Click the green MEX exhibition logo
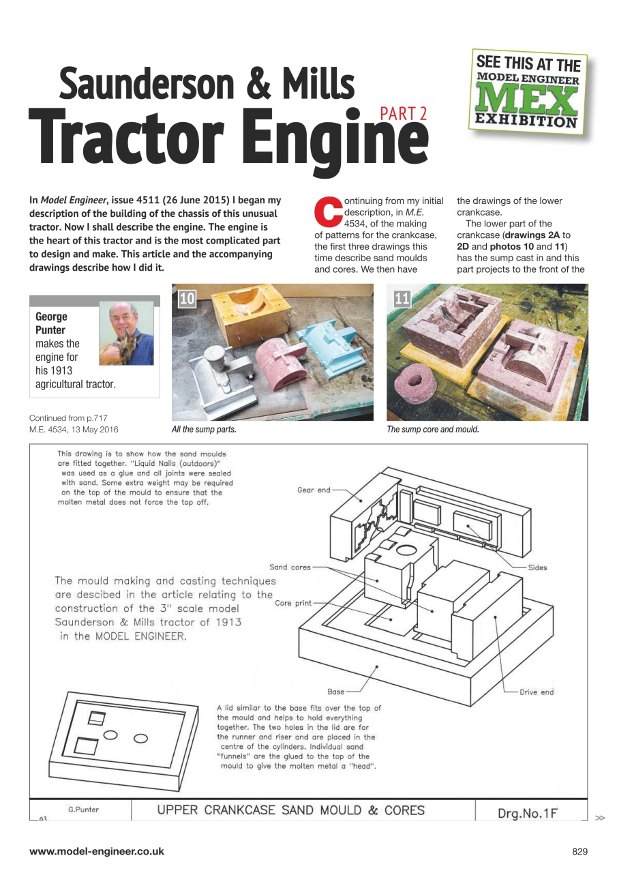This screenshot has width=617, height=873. tap(528, 91)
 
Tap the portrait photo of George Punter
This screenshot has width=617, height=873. tap(131, 334)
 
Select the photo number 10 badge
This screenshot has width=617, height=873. tap(187, 298)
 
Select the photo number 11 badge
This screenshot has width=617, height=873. tap(403, 298)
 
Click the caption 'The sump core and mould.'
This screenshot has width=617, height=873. tap(433, 430)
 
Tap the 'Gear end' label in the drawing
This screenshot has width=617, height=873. tap(314, 490)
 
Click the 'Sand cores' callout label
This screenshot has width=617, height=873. tap(290, 567)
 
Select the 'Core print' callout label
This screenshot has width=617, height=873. tap(293, 604)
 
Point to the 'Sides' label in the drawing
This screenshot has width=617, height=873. tap(537, 567)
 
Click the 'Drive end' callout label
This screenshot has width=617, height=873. tap(537, 692)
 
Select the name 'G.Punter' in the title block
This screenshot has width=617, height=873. tap(83, 810)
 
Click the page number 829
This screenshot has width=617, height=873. tap(579, 851)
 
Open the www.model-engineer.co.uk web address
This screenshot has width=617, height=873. tap(96, 851)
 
